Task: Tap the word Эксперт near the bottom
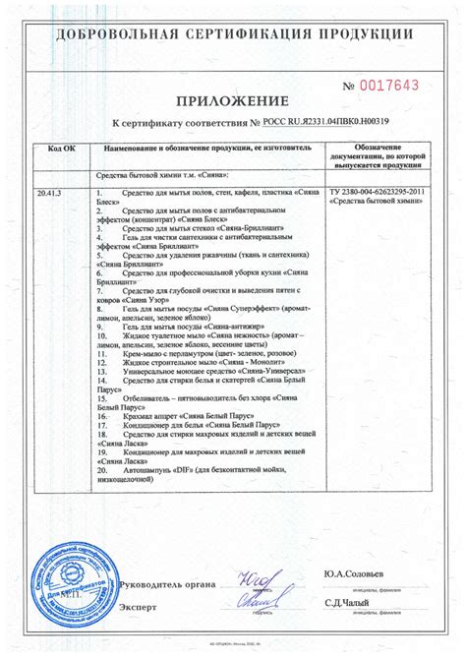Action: [138, 608]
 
